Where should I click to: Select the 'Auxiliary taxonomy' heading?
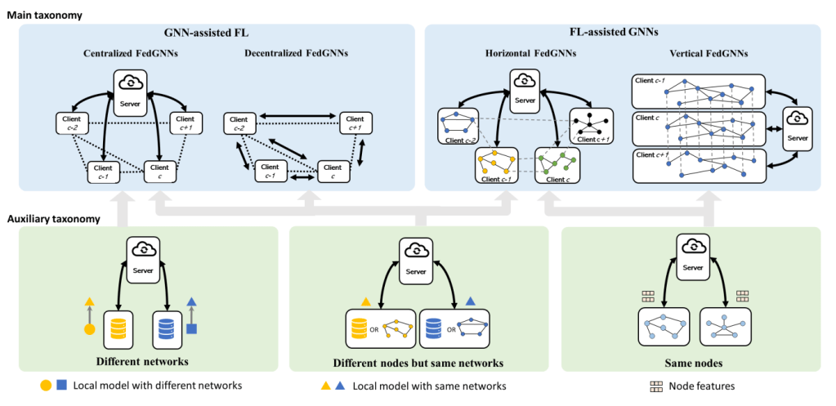55,219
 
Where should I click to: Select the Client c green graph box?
557,166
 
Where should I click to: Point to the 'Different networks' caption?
143,361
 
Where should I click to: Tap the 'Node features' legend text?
702,386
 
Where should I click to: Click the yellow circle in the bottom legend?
45,386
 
